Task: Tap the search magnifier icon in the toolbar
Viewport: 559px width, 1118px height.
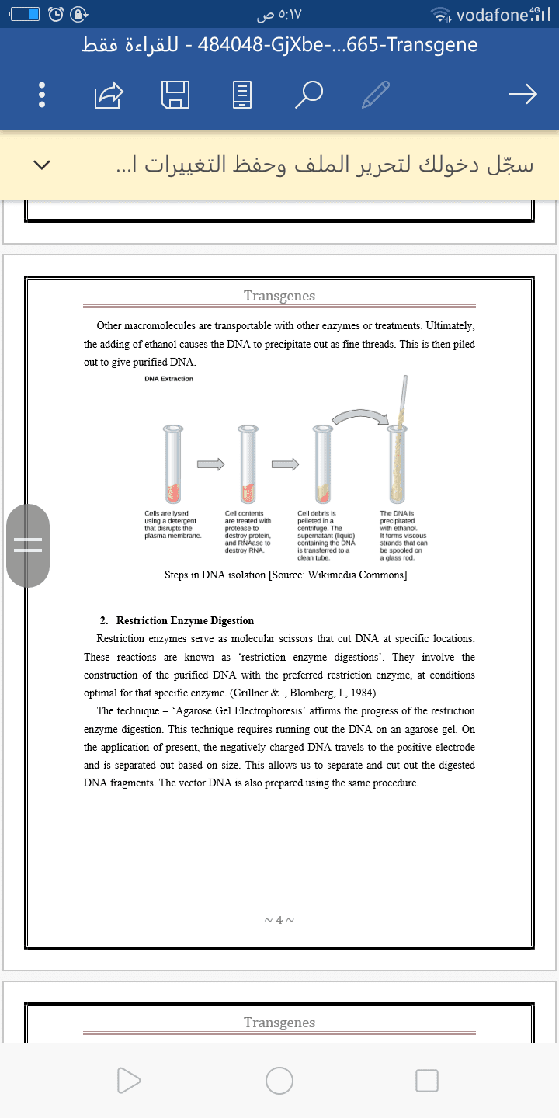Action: pos(309,95)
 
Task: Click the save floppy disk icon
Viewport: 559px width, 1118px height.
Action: pos(175,95)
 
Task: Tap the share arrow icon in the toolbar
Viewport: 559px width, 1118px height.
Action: pos(109,95)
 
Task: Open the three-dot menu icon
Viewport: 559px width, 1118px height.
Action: pos(43,95)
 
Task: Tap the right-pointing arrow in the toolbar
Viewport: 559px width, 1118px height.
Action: pos(523,95)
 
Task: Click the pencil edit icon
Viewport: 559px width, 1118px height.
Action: pos(376,95)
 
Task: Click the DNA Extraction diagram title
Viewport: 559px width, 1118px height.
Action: pos(168,379)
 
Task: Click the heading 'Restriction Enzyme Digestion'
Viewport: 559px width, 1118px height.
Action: pos(185,621)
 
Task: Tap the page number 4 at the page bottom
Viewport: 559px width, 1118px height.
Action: pos(279,920)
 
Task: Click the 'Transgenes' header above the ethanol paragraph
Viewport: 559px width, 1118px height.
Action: pos(279,296)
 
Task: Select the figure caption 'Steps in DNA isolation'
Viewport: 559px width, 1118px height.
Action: pos(286,575)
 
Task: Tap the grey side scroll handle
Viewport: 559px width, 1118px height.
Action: pos(28,545)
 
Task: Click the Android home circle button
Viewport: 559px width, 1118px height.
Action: pos(279,1080)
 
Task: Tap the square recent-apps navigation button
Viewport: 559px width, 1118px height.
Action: pos(427,1080)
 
